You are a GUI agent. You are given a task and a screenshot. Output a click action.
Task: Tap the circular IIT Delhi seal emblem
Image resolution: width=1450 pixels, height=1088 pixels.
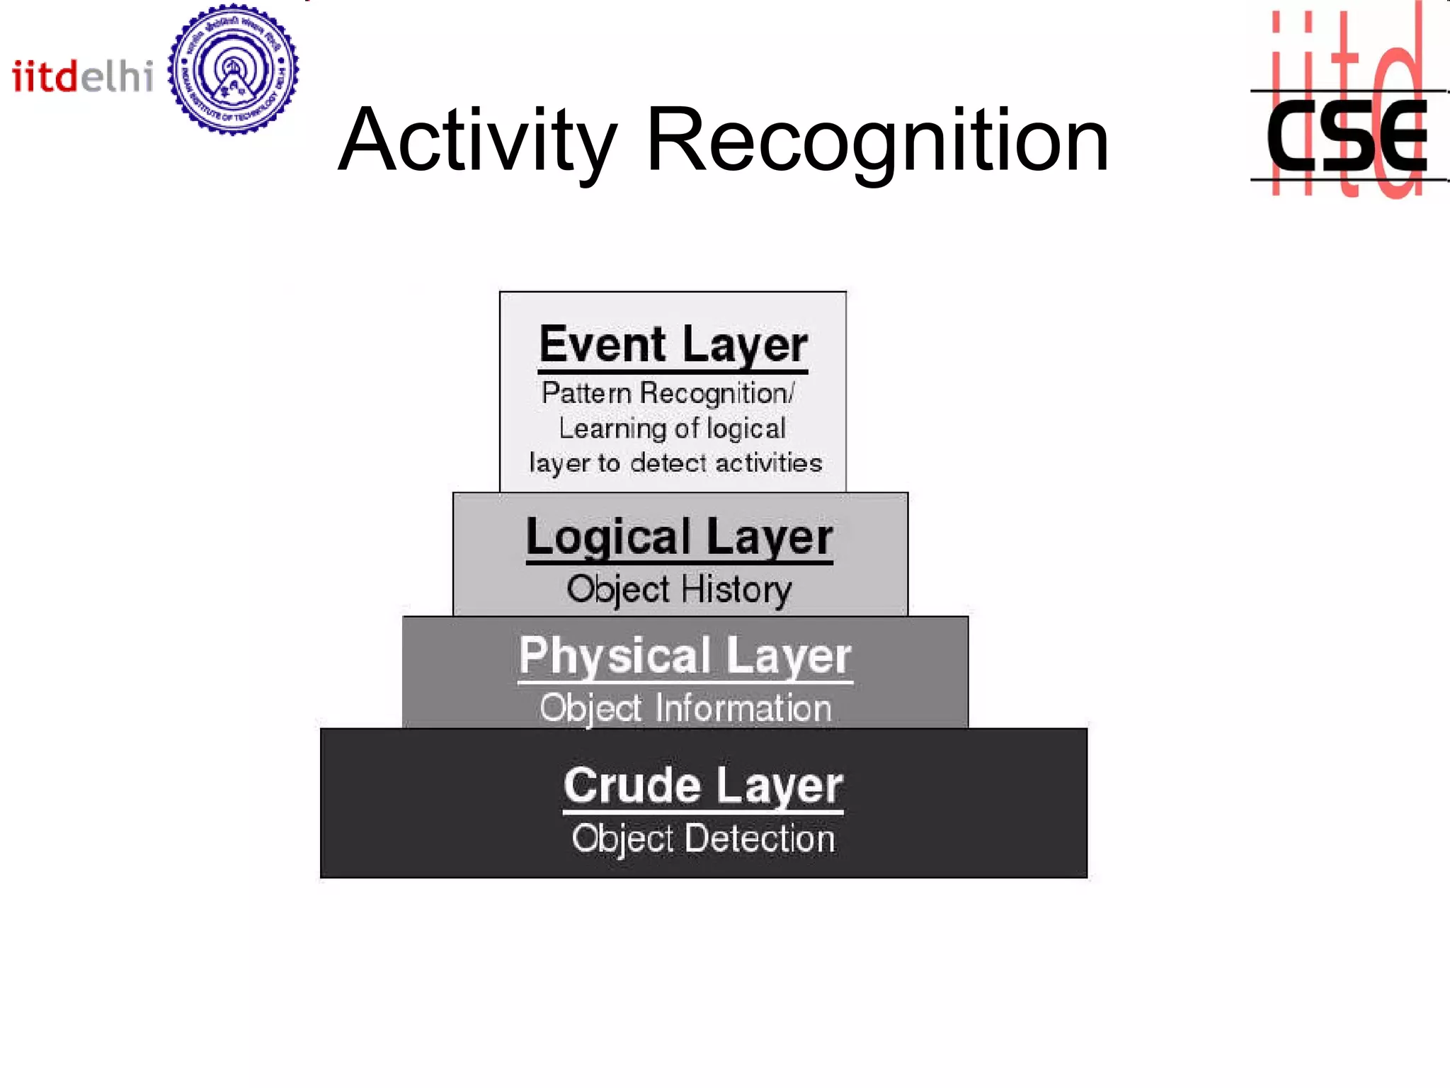(233, 69)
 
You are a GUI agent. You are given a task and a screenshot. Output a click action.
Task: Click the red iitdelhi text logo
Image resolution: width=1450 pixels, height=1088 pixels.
(82, 76)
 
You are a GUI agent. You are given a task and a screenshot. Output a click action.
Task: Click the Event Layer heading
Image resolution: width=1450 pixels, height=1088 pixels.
(673, 345)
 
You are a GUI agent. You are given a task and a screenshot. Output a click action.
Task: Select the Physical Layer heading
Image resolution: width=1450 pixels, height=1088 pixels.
(685, 656)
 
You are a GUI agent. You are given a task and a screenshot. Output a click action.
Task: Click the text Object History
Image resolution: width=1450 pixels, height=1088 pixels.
(679, 589)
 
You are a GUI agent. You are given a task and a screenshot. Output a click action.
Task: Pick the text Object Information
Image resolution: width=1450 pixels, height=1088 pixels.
(685, 708)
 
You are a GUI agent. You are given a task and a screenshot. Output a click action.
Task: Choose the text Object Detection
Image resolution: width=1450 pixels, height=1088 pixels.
(703, 839)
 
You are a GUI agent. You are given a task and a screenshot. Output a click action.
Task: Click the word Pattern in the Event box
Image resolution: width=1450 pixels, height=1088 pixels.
(586, 393)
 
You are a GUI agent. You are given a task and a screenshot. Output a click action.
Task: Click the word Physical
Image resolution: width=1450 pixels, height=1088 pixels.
(614, 656)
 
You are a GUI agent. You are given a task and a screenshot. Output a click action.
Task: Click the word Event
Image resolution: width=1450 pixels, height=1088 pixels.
(603, 345)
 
